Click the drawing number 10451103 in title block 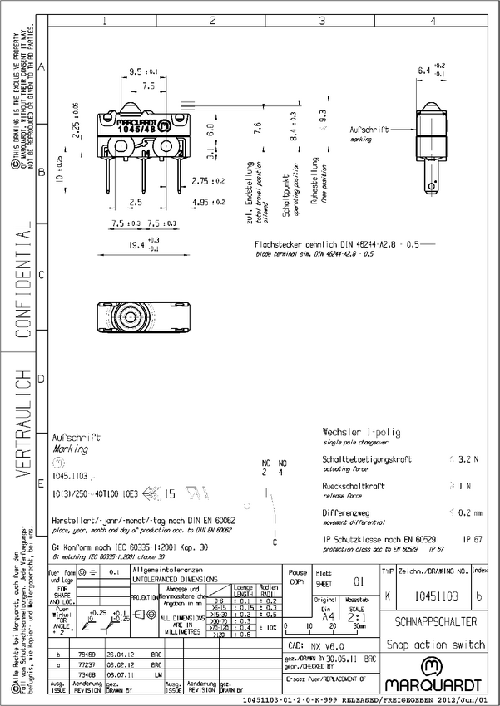click(x=438, y=596)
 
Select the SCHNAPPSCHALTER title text click(x=436, y=621)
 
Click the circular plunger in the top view click(x=130, y=319)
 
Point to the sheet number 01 click(x=359, y=581)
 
